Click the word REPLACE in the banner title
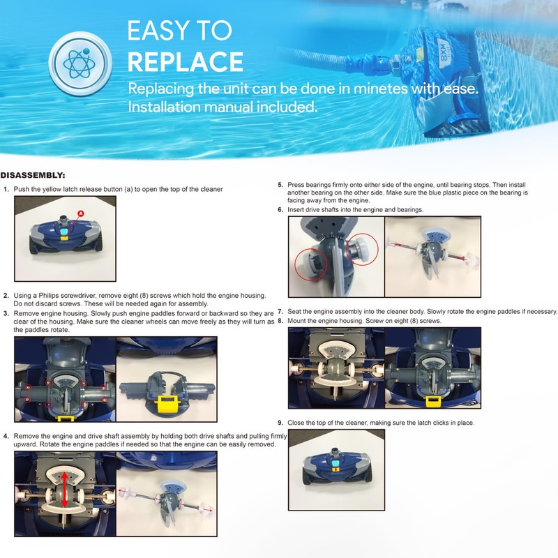(185, 61)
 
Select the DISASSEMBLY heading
(34, 176)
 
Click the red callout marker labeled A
(80, 213)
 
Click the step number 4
(6, 436)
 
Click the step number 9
(280, 423)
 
